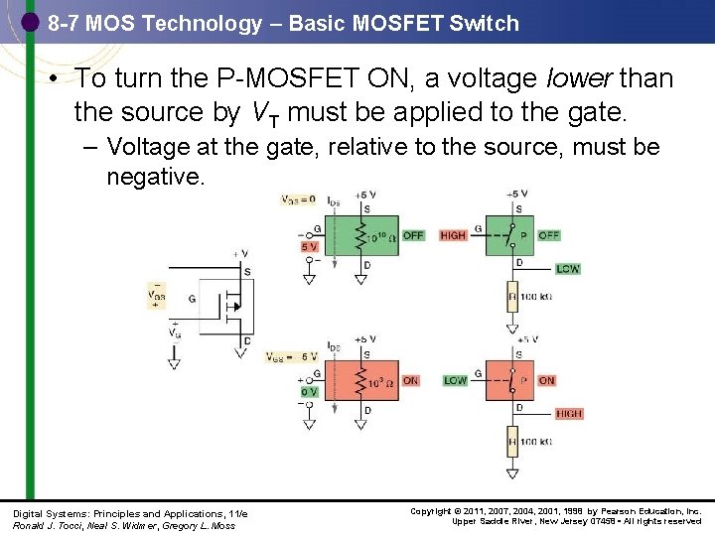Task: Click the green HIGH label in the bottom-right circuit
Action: point(569,414)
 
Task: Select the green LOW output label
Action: point(568,269)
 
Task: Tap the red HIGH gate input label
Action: point(453,235)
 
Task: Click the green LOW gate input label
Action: point(455,380)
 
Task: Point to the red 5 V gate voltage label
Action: point(310,246)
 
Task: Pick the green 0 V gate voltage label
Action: point(309,392)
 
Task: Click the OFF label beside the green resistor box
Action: point(413,235)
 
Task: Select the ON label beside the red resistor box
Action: point(410,380)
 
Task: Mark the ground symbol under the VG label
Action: point(174,363)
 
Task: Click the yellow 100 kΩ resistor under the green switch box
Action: point(513,296)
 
